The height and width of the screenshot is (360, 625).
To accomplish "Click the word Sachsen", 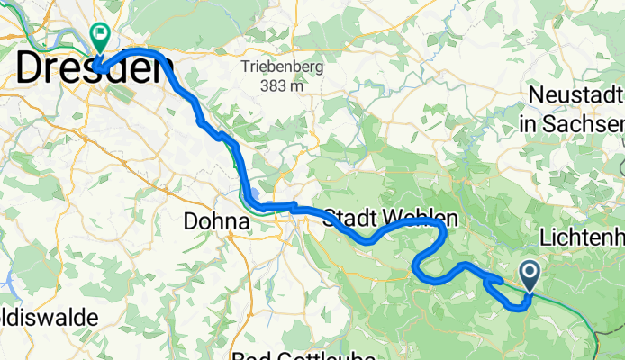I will [591, 122].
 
